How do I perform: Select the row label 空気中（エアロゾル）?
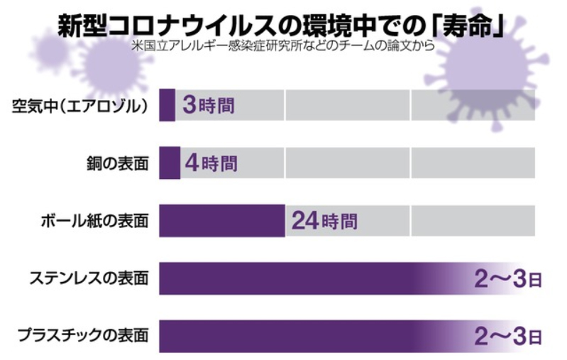click(x=79, y=107)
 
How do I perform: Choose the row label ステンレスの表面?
click(x=89, y=278)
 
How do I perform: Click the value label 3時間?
click(x=208, y=107)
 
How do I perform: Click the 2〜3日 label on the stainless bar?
click(x=507, y=278)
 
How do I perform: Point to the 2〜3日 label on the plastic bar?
click(x=507, y=335)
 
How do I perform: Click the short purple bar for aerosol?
click(x=167, y=106)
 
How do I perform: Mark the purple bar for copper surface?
click(x=170, y=163)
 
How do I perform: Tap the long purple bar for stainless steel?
click(x=298, y=278)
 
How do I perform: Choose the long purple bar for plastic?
click(x=298, y=335)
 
